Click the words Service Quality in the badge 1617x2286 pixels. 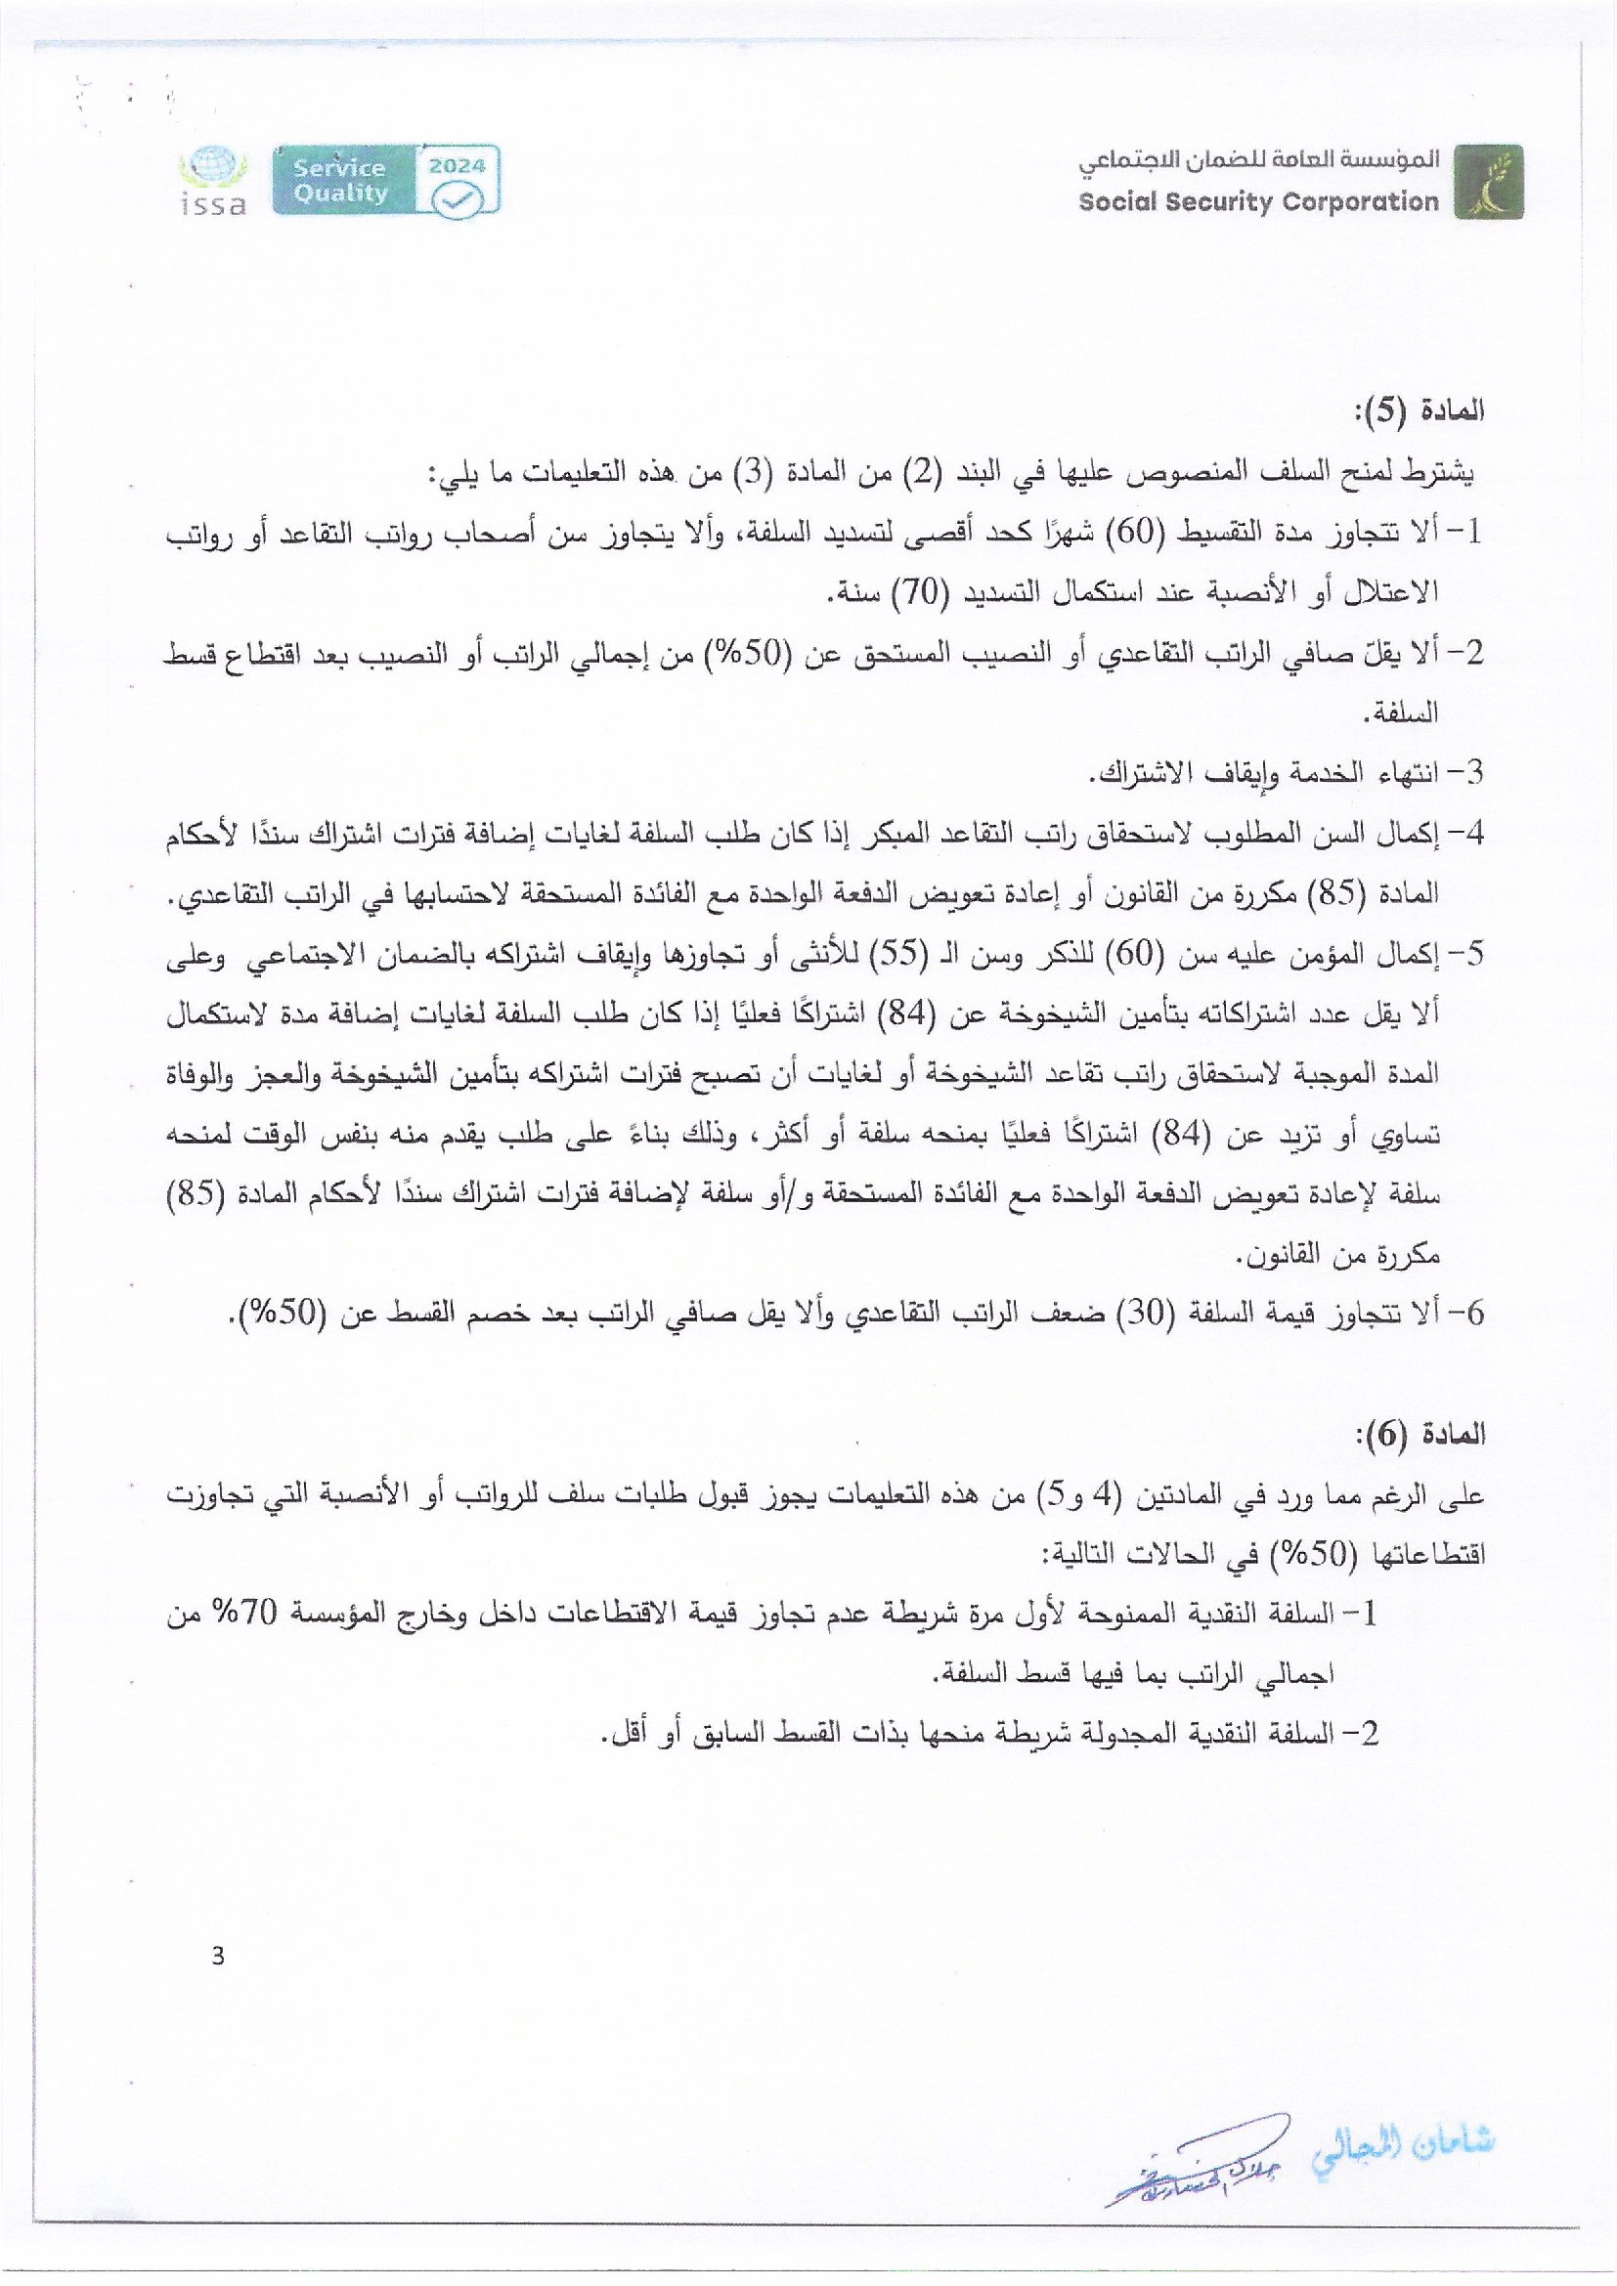pyautogui.click(x=340, y=180)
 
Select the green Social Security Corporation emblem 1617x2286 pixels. pyautogui.click(x=1488, y=181)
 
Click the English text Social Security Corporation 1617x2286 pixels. pyautogui.click(x=1258, y=202)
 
